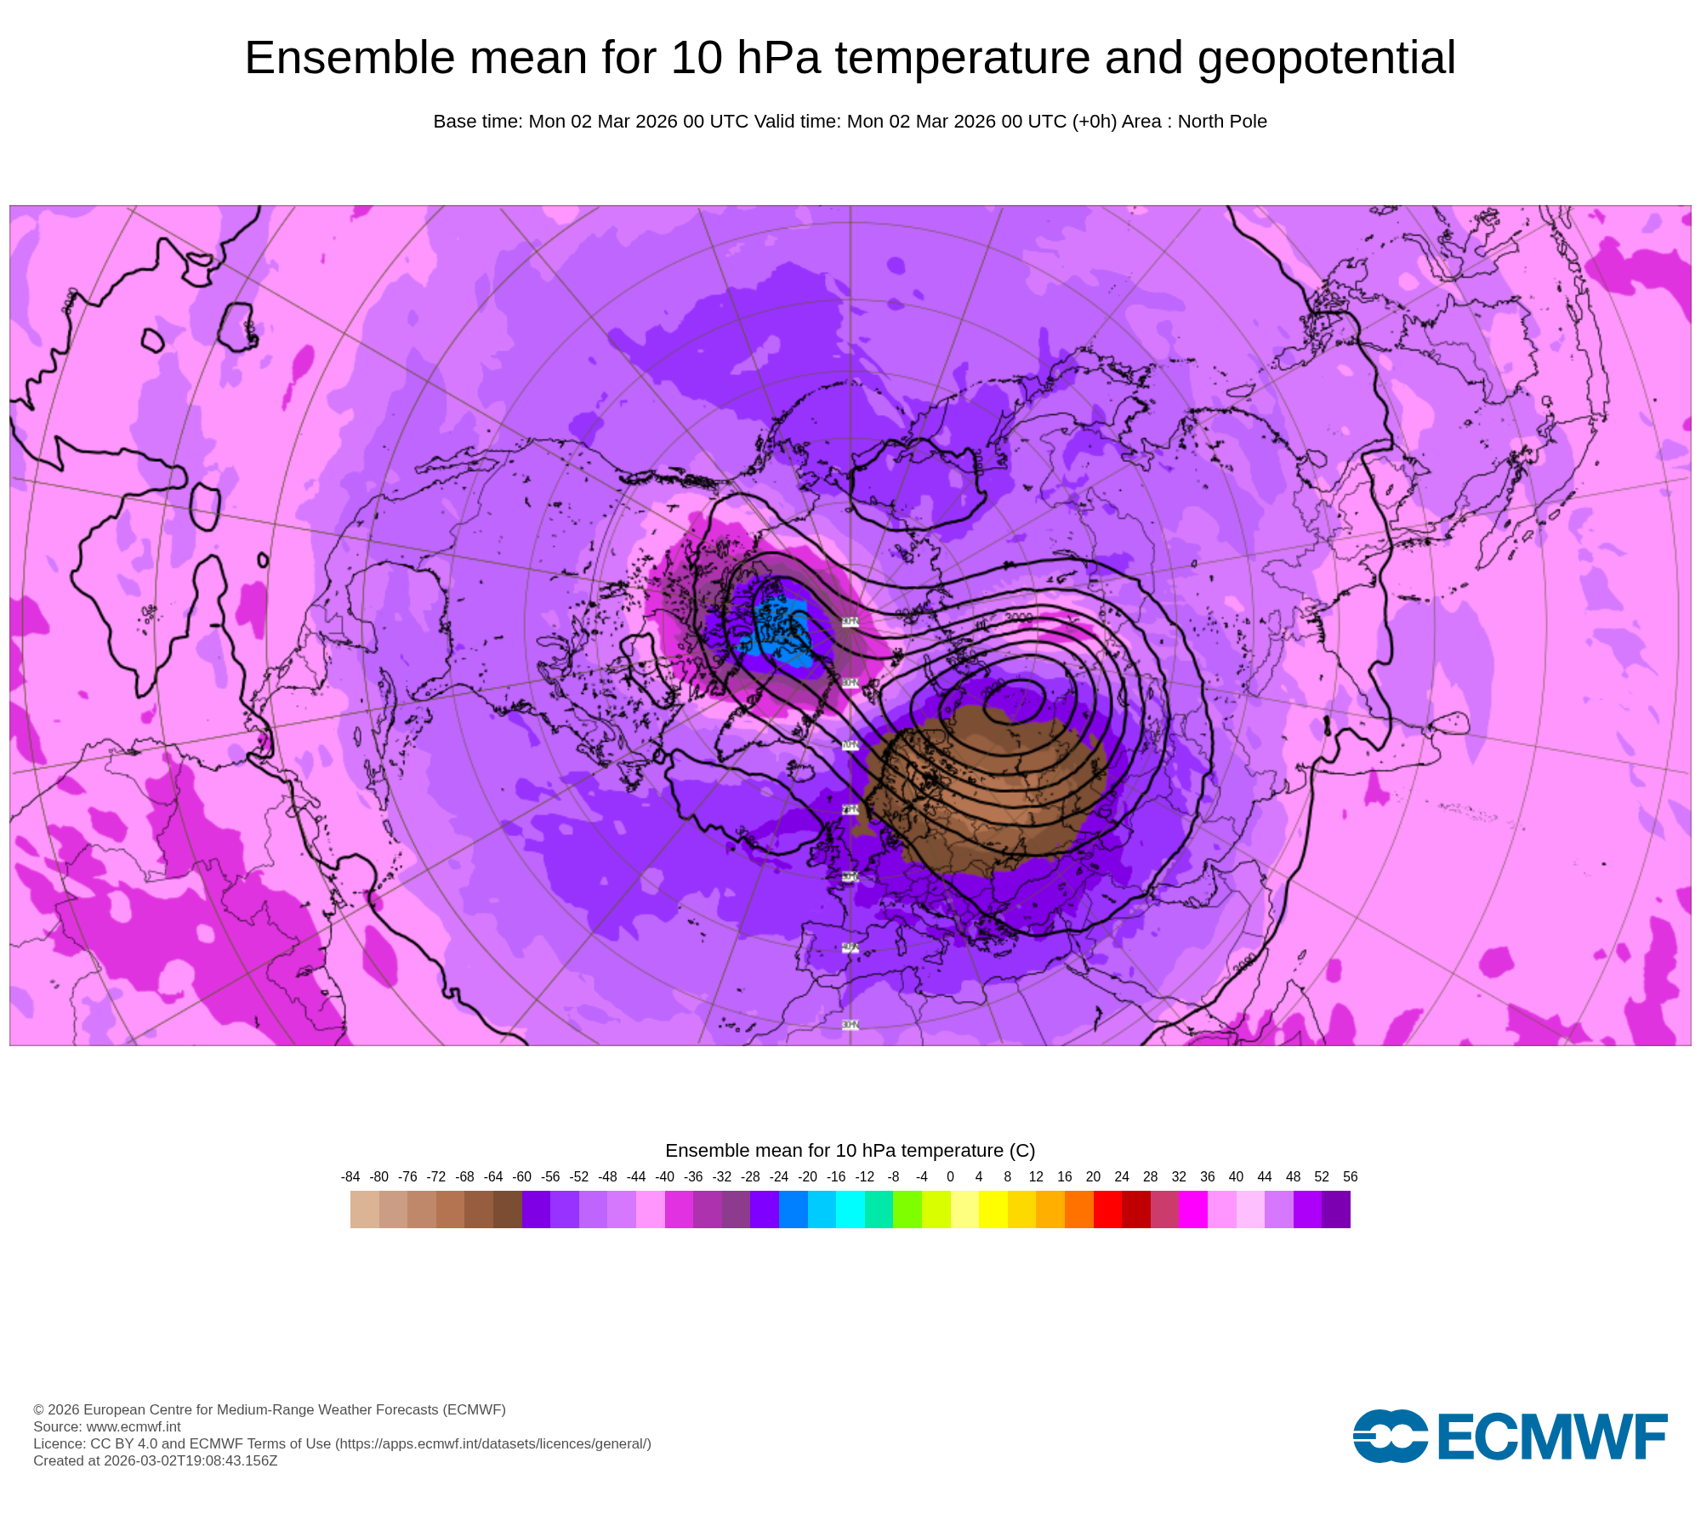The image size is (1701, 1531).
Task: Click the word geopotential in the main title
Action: click(x=1326, y=59)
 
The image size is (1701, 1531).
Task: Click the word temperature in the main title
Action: click(x=962, y=59)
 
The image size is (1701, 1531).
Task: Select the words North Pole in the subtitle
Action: click(x=1222, y=122)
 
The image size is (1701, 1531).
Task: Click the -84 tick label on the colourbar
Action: click(x=350, y=1177)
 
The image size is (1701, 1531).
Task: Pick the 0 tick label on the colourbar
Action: click(x=950, y=1177)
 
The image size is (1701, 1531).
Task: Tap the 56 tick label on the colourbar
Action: click(x=1350, y=1177)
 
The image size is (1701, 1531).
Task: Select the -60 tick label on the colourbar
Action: click(x=522, y=1177)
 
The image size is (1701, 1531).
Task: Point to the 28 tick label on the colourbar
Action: click(x=1150, y=1177)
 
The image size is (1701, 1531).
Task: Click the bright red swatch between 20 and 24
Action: click(x=1107, y=1209)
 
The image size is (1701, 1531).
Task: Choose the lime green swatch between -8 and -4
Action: click(x=907, y=1209)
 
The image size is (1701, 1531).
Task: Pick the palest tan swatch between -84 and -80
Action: click(x=365, y=1209)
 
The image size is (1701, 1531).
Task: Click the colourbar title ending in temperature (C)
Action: click(x=850, y=1151)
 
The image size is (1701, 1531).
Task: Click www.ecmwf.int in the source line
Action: click(x=134, y=1426)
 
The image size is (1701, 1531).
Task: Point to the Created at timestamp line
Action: click(x=156, y=1460)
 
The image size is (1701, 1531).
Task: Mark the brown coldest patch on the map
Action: click(x=987, y=783)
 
